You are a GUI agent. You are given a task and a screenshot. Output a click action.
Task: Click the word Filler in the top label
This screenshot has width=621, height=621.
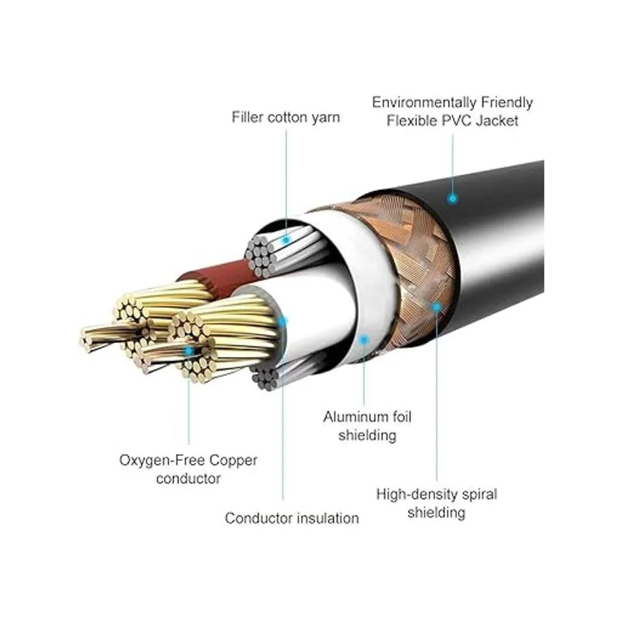(248, 117)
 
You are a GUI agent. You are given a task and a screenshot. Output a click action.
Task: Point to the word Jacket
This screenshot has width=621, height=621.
(497, 121)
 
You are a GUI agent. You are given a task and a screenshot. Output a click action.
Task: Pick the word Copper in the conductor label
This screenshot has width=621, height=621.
(232, 460)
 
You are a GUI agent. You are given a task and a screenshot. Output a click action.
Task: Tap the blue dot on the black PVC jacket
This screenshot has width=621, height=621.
(452, 198)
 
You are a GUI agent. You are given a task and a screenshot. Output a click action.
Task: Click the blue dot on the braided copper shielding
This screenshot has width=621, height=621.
(437, 306)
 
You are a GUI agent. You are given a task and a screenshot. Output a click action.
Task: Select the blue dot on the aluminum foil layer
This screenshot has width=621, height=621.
(364, 340)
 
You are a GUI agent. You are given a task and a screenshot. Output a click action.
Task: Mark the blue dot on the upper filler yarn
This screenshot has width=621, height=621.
(286, 240)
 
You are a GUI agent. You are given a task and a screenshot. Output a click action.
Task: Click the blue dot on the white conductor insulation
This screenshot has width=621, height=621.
(282, 321)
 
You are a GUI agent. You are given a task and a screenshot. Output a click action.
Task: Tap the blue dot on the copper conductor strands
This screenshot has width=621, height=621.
(189, 351)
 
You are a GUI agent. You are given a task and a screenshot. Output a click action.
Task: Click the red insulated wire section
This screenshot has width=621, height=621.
(217, 273)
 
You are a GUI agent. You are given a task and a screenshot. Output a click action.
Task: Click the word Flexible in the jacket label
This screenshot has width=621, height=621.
(410, 121)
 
